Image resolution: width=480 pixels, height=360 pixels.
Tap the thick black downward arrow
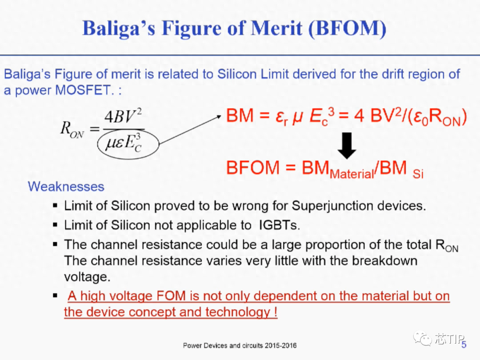(347, 146)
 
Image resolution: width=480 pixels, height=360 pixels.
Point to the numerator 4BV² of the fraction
(123, 116)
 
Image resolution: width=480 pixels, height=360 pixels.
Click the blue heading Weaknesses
(66, 187)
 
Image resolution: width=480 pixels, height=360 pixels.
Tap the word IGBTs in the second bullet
(279, 225)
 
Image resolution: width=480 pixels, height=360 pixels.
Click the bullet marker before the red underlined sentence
(55, 296)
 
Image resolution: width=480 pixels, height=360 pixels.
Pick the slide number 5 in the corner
(464, 345)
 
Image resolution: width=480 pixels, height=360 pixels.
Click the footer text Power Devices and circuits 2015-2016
(240, 346)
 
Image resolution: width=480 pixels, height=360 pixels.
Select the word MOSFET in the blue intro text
(83, 90)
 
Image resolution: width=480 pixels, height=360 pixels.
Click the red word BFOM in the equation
(253, 168)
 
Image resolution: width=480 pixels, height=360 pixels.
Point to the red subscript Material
(352, 174)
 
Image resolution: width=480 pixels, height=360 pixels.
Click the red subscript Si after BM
(418, 174)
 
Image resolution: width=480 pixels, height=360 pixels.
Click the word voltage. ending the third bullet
(87, 277)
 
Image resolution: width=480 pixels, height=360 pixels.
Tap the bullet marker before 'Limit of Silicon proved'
(55, 205)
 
